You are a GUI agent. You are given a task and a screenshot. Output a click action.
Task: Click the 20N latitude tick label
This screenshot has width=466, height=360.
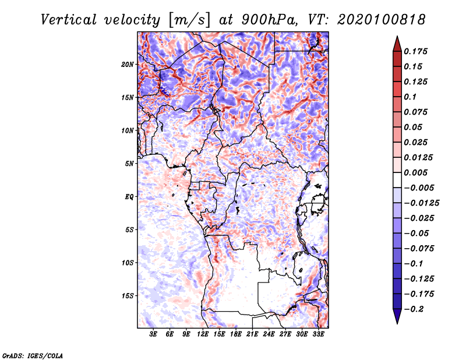[x=128, y=64]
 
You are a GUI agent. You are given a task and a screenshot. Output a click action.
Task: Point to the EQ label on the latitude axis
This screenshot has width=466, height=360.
[x=129, y=196]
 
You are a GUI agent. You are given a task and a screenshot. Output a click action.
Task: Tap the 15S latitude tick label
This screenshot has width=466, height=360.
[x=128, y=295]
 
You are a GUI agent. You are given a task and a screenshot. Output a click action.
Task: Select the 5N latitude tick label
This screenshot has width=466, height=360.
[x=129, y=163]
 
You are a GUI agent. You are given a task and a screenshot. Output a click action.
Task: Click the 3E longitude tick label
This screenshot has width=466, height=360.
[x=154, y=335]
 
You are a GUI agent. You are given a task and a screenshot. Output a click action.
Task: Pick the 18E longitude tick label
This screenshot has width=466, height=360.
[x=236, y=335]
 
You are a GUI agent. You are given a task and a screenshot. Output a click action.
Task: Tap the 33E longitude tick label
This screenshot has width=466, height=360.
[x=318, y=335]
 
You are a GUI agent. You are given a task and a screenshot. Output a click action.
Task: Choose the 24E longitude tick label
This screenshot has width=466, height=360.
[x=269, y=335]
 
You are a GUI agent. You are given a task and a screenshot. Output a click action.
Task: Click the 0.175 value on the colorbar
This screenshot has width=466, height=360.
[x=416, y=51]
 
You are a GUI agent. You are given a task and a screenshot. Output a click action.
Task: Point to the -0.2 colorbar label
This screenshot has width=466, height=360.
[x=414, y=309]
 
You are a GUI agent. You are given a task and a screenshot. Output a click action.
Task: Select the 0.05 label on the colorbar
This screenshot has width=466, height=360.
[x=414, y=127]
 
